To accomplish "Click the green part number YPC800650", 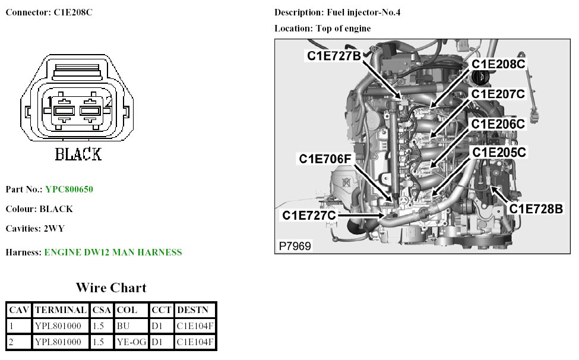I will pyautogui.click(x=69, y=190).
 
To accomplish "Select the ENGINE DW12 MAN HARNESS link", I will pyautogui.click(x=113, y=252).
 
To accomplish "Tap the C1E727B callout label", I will pyautogui.click(x=334, y=56).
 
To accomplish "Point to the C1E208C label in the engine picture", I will pyautogui.click(x=498, y=63).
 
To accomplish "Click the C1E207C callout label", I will pyautogui.click(x=498, y=94).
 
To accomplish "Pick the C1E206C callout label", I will pyautogui.click(x=498, y=124).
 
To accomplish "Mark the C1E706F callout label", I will pyautogui.click(x=325, y=159).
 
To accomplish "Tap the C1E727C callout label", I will pyautogui.click(x=309, y=215).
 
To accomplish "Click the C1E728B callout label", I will pyautogui.click(x=536, y=209).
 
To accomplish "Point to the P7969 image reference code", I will pyautogui.click(x=295, y=245).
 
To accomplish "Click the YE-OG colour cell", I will pyautogui.click(x=131, y=342).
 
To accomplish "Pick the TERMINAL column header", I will pyautogui.click(x=60, y=310).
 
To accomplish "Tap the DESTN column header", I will pyautogui.click(x=194, y=310).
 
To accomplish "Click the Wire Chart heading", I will pyautogui.click(x=111, y=288).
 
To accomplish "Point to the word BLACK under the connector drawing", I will pyautogui.click(x=78, y=154).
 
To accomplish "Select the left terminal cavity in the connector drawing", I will pyautogui.click(x=63, y=111).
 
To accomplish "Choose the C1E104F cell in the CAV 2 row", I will pyautogui.click(x=194, y=342).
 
